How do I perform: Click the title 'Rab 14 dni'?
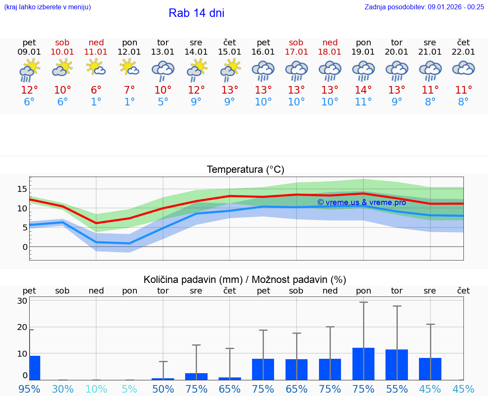coord(196,13)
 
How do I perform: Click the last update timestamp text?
coord(424,7)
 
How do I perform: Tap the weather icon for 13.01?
coord(163,70)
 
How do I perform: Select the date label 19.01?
coord(363,52)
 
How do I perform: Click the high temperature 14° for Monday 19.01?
coord(363,90)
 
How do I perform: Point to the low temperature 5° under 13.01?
coord(163,102)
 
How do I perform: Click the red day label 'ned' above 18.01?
coord(330,42)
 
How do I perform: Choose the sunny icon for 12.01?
coord(129,67)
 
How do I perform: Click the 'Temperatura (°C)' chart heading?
coord(245,170)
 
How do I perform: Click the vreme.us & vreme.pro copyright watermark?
coord(361,202)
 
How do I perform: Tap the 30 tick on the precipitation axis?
coord(22,301)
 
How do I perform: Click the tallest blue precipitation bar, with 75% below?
coord(363,364)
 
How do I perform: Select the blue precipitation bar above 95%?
coord(35,368)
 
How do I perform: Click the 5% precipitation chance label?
coord(129,389)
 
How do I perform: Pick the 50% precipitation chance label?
coord(163,389)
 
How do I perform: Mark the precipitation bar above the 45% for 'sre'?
coord(430,369)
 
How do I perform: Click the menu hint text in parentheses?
coord(47,7)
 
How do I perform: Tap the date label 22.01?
coord(463,52)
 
